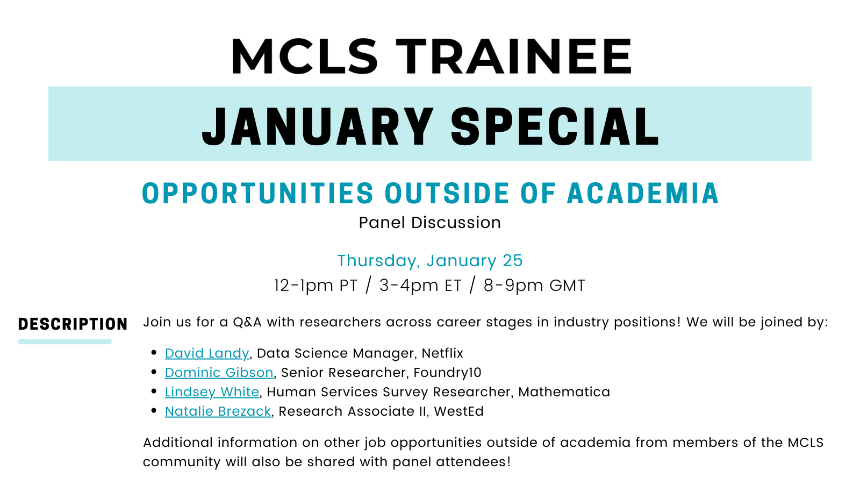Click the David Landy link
207,353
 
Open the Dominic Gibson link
219,372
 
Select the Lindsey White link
212,392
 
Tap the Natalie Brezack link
218,411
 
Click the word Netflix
443,353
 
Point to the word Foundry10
448,373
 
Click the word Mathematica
564,392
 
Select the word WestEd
459,411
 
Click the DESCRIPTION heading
73,324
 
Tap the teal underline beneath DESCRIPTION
65,341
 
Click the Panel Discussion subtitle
430,223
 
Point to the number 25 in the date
513,261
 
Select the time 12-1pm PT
316,286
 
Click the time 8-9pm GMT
534,286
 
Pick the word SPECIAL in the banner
555,127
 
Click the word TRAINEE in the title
514,56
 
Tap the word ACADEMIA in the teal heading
643,193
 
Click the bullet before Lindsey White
154,392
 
